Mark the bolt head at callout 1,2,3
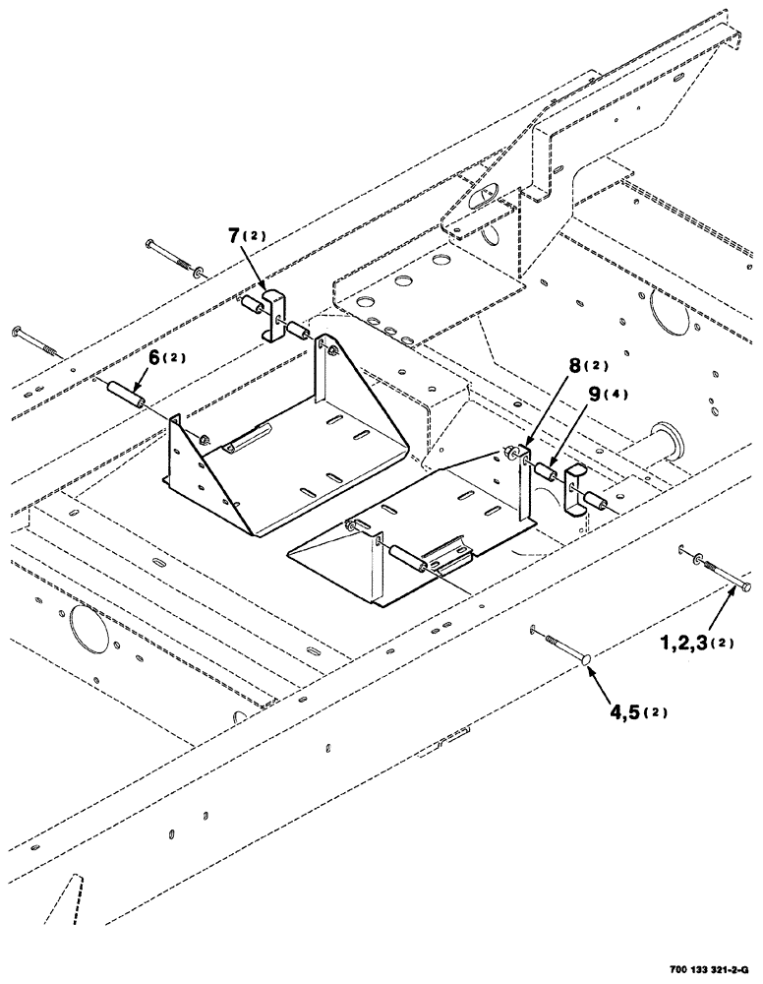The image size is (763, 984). click(x=745, y=588)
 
